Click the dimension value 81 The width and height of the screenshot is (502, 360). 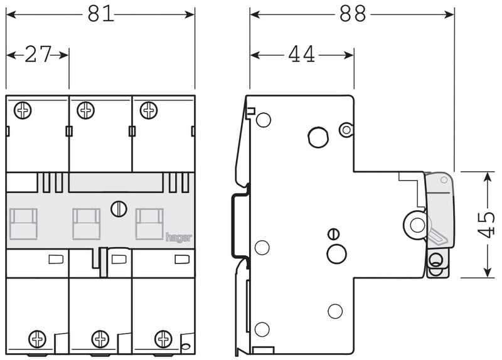point(101,14)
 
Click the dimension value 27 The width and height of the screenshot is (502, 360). point(38,54)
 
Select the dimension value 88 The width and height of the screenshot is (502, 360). point(353,14)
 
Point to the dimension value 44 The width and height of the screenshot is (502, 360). point(301,54)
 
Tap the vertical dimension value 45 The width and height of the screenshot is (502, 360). point(486,225)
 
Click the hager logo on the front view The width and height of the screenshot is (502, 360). point(179,238)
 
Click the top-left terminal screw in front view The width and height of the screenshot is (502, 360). point(23,110)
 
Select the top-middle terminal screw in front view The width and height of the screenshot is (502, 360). point(86,110)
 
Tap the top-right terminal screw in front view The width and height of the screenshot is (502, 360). point(149,110)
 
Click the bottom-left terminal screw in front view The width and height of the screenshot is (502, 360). point(38,339)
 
